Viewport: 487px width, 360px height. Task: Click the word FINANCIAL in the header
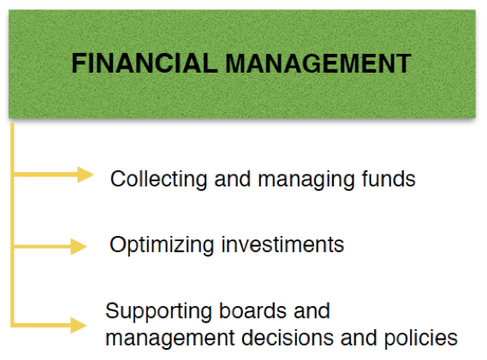tap(145, 63)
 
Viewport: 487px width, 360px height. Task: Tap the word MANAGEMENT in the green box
tap(318, 63)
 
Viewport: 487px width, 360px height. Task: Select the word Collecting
tap(158, 180)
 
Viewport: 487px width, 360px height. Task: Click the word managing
tap(306, 180)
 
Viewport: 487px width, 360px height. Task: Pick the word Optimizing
tap(162, 245)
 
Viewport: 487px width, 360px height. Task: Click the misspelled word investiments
tap(282, 245)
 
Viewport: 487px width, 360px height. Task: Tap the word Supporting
tap(158, 311)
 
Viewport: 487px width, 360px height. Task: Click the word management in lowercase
tap(170, 339)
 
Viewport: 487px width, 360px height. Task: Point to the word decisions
tap(288, 338)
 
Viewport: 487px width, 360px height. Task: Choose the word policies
tap(421, 338)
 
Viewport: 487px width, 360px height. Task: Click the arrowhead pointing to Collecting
tap(85, 174)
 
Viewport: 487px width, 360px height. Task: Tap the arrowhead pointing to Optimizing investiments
tap(79, 247)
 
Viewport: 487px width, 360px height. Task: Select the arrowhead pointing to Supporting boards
tap(79, 325)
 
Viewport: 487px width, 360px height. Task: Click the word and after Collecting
tap(232, 179)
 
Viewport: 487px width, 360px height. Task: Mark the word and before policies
tap(359, 338)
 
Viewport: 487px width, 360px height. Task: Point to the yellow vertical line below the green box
tap(13, 225)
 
